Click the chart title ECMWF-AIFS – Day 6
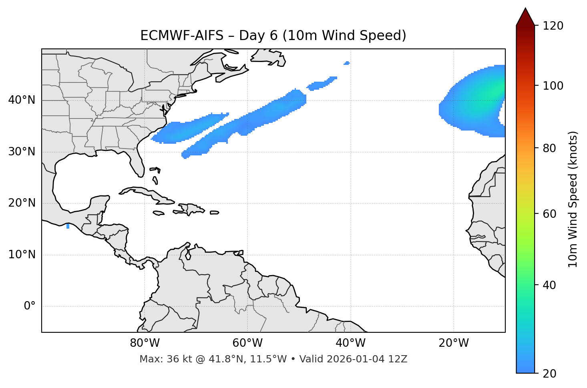tap(273, 36)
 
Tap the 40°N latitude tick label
tap(22, 100)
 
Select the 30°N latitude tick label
tap(22, 152)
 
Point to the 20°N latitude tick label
tap(22, 203)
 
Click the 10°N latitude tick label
tap(22, 255)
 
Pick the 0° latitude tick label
tap(30, 306)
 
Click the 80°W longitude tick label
tap(145, 343)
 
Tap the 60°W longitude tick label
tap(247, 343)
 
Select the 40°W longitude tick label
tap(350, 343)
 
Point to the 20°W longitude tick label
tap(453, 343)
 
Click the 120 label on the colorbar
tap(553, 26)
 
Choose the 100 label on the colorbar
tap(553, 86)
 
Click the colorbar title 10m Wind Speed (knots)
tap(573, 199)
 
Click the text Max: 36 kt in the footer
tap(160, 359)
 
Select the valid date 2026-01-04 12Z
tap(367, 359)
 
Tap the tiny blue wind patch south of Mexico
tap(68, 226)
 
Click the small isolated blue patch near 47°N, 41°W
tap(347, 63)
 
